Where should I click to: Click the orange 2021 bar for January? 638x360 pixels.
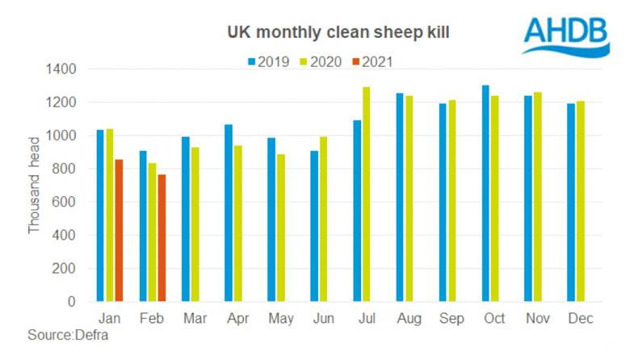tap(120, 230)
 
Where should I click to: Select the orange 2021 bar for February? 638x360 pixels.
tap(162, 238)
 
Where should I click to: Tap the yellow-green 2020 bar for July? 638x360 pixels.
tap(366, 194)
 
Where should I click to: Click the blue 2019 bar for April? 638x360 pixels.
tap(229, 213)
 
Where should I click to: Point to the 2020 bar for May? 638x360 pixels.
tap(280, 228)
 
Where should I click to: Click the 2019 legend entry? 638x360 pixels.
tap(269, 61)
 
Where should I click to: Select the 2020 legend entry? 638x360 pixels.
tap(316, 61)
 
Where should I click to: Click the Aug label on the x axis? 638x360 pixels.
tap(408, 319)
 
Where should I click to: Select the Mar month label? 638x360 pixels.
tap(195, 319)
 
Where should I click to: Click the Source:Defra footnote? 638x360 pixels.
tap(69, 334)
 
